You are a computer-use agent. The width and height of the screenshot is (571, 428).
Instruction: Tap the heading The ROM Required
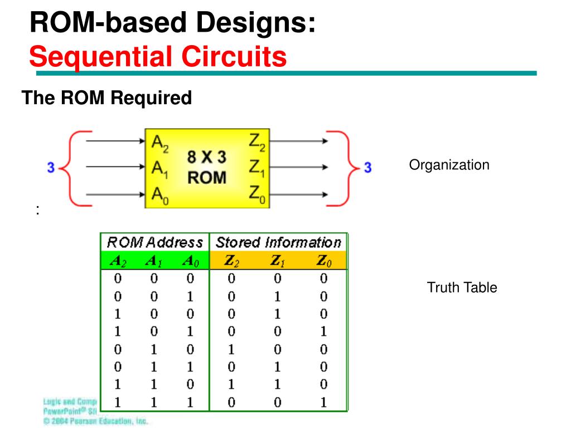(107, 98)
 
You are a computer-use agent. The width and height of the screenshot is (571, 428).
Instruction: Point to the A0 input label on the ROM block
(159, 196)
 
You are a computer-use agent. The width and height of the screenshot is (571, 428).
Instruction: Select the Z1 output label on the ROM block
(258, 167)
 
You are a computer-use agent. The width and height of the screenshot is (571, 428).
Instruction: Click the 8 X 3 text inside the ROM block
(206, 158)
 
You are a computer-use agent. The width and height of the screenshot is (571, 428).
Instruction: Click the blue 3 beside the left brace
(50, 167)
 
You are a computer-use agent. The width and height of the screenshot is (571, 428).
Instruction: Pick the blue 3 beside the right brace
(367, 167)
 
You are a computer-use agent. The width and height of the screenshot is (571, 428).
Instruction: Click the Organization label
(449, 165)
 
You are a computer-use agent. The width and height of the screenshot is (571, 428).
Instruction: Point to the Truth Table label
(462, 288)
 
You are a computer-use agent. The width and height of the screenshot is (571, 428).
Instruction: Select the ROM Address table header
(154, 242)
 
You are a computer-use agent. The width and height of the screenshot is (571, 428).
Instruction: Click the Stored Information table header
(278, 242)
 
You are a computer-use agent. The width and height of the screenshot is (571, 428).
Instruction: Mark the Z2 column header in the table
(232, 261)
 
